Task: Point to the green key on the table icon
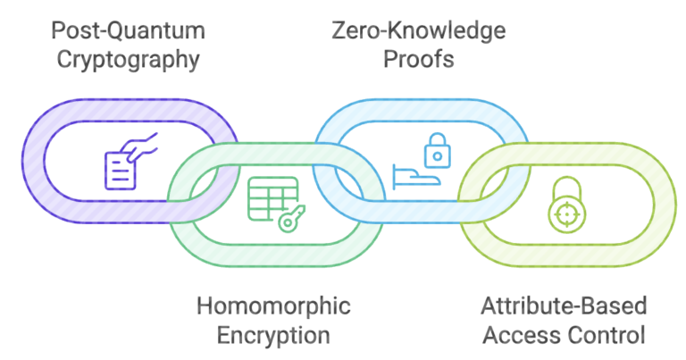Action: (291, 219)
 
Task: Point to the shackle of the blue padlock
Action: (435, 141)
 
